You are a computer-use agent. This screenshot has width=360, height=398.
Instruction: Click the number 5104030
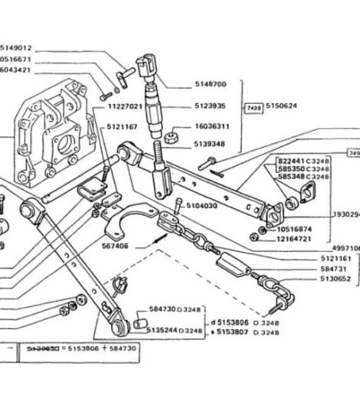tap(203, 206)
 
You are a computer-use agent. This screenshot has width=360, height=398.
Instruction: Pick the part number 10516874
tap(298, 228)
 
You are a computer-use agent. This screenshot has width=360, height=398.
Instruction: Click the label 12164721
tap(298, 240)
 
